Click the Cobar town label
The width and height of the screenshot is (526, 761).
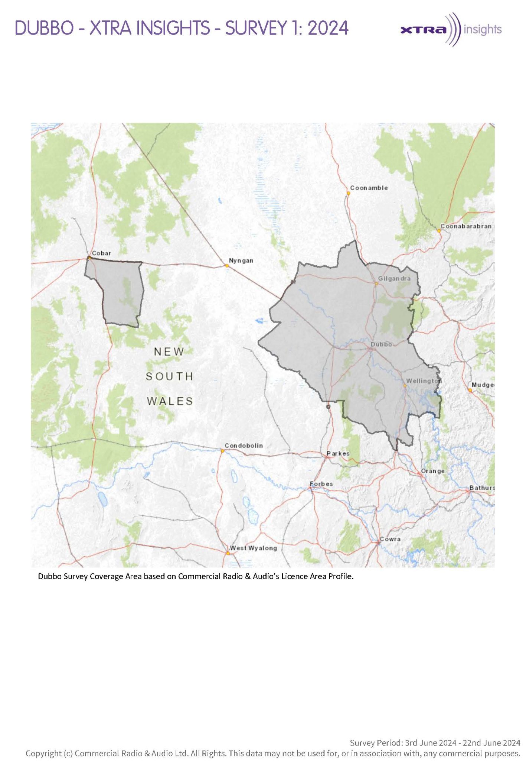(x=101, y=253)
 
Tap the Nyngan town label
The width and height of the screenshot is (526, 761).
(x=241, y=260)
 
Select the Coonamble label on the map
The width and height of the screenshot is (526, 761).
(x=369, y=188)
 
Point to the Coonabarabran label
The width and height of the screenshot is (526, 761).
(x=466, y=226)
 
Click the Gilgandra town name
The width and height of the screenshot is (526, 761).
(x=394, y=278)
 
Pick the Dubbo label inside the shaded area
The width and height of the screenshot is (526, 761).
(x=381, y=344)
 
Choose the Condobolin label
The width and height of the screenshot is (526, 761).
(x=244, y=446)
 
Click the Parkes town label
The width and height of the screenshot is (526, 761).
(x=338, y=453)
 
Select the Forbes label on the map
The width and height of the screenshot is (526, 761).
(x=321, y=484)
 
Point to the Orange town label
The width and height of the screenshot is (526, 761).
(x=432, y=471)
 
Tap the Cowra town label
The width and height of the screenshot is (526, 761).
(x=390, y=539)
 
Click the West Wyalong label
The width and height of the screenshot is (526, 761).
(x=254, y=548)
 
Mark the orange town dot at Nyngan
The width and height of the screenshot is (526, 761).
(x=227, y=266)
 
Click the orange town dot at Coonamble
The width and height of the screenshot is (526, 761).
(x=348, y=193)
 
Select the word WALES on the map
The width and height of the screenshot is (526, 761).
(x=170, y=401)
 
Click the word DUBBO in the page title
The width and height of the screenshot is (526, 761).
(x=44, y=28)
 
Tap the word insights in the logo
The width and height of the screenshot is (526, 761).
(x=483, y=29)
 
